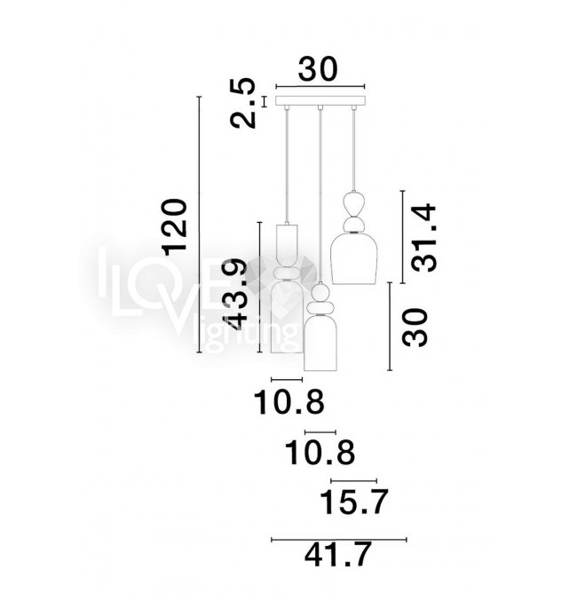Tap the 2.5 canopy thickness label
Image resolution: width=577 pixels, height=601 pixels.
tap(242, 103)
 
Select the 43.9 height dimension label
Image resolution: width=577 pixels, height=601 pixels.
tap(235, 294)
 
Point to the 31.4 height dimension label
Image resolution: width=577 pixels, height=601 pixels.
tap(424, 239)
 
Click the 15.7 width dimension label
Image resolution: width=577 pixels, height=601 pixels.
tap(353, 502)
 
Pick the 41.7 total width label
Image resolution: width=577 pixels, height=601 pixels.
tap(338, 554)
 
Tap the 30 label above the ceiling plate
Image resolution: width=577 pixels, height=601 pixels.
tap(318, 69)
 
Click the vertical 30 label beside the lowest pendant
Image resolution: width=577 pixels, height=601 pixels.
tap(415, 328)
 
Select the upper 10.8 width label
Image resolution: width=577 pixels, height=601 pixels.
tap(289, 402)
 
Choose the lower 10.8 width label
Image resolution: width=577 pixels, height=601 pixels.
tap(320, 453)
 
